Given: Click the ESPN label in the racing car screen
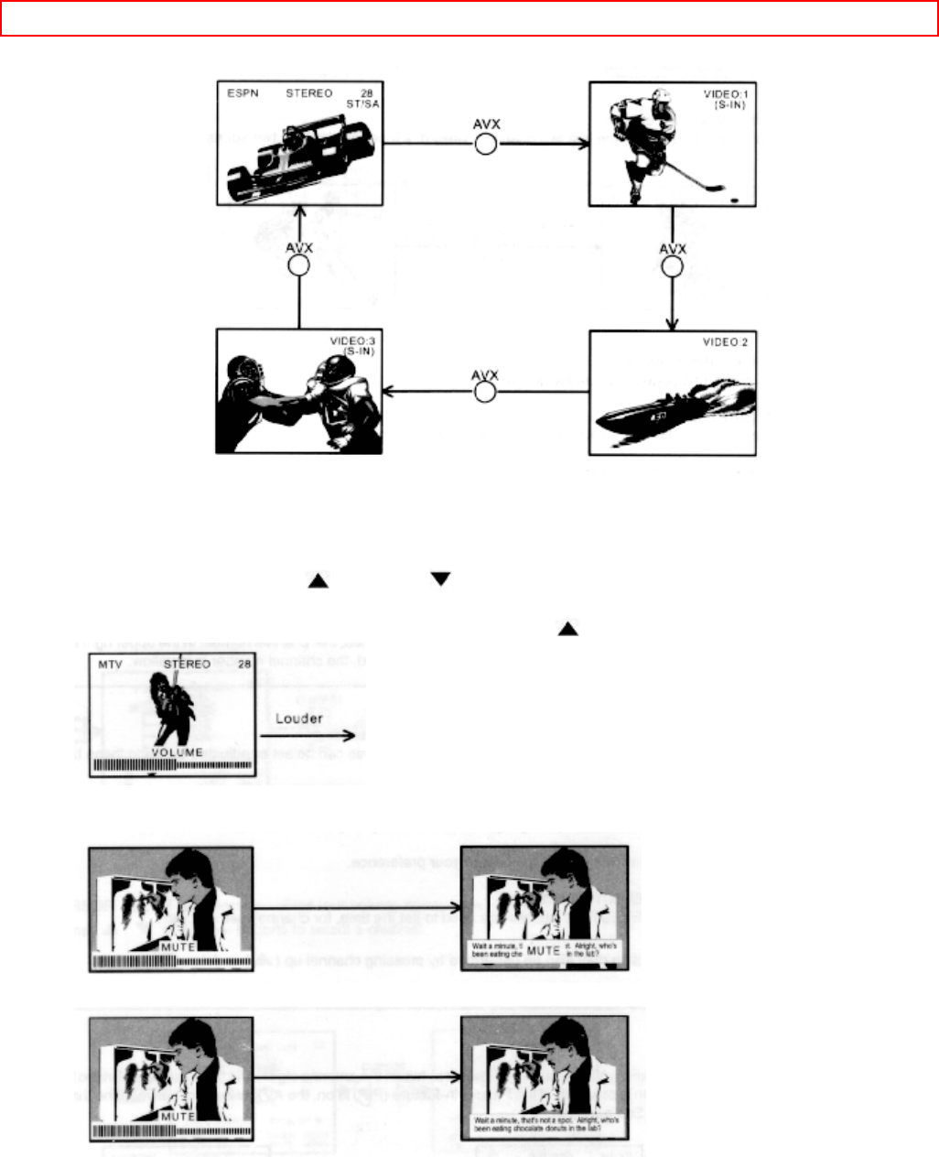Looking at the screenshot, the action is pos(242,94).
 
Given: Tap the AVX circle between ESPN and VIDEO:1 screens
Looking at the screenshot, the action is pos(486,144).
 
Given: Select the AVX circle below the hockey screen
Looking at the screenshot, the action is pos(673,266).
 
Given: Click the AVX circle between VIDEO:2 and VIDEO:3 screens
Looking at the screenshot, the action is pos(485,392).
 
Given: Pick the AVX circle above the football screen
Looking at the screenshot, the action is pos(298,265).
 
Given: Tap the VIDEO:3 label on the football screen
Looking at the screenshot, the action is pos(352,342).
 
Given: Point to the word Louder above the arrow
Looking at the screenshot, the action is pos(299,719).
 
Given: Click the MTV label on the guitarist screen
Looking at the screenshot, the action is pos(110,665).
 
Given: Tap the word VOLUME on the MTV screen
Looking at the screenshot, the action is pos(178,752).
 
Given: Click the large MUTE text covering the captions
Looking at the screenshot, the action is pos(544,950).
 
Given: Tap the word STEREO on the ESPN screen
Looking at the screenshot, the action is pos(309,94).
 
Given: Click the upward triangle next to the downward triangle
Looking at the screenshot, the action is pos(318,580).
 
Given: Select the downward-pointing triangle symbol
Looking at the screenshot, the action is pos(441,579).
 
